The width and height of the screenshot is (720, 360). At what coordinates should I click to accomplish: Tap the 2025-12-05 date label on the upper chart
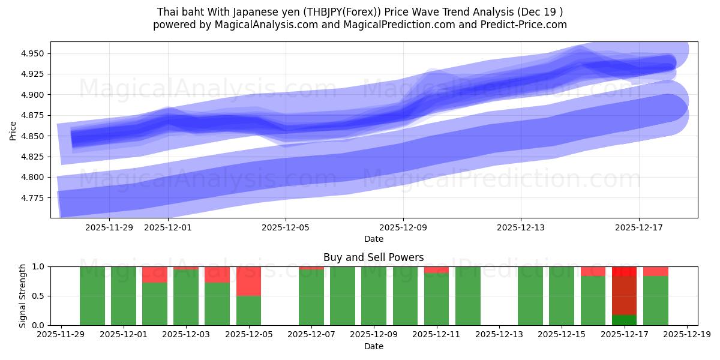[x=286, y=227]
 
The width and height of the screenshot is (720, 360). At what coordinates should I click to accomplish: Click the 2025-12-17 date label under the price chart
[x=638, y=227]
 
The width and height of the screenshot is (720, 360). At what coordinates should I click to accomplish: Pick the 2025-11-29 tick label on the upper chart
[x=109, y=227]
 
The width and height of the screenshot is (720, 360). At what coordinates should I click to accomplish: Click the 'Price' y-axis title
[x=13, y=130]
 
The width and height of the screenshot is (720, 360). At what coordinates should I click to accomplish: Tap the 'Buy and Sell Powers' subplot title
[x=373, y=257]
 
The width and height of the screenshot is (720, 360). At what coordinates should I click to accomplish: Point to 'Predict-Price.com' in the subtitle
[x=526, y=25]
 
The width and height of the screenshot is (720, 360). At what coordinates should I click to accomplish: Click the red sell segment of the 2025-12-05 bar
[x=248, y=281]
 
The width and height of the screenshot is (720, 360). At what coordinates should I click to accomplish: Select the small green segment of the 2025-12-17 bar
[x=624, y=320]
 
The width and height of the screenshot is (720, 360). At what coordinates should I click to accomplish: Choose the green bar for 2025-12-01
[x=124, y=296]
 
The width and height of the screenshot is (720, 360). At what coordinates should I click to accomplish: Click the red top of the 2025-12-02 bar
[x=155, y=274]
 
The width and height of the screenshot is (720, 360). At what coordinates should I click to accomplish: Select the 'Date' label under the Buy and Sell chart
[x=373, y=346]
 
